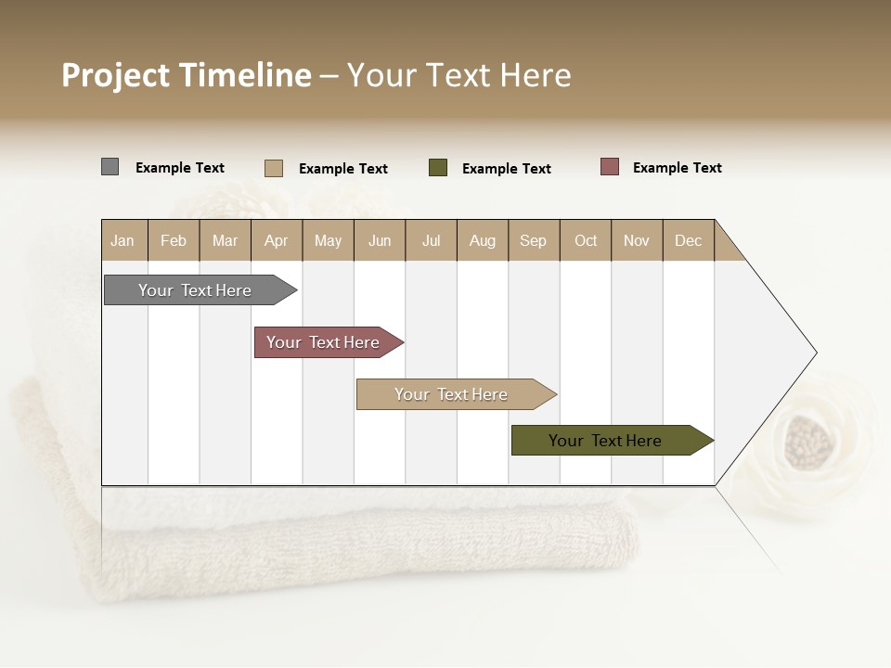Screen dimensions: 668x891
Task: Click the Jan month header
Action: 123,240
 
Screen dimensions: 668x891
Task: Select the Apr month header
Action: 277,240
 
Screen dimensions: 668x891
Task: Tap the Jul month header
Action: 431,240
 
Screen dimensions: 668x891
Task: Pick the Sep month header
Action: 533,240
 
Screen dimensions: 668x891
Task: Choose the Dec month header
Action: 688,240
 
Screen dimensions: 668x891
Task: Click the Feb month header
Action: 174,240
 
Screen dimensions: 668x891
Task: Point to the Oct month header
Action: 586,240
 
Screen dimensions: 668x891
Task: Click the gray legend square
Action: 110,167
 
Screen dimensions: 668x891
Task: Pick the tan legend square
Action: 273,168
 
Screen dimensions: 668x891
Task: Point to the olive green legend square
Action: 438,168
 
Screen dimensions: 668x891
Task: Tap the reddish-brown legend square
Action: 609,167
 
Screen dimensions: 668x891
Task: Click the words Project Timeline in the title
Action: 186,75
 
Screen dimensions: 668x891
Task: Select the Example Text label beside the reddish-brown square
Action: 677,168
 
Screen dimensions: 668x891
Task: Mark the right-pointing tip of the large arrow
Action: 814,353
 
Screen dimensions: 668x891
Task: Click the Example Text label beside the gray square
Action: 179,168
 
